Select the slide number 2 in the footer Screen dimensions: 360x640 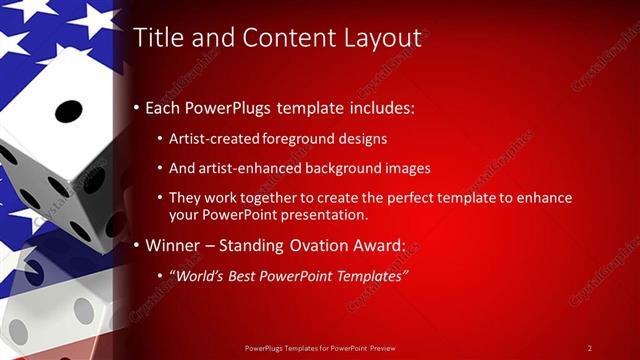pos(590,348)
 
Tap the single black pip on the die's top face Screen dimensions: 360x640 pos(68,109)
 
